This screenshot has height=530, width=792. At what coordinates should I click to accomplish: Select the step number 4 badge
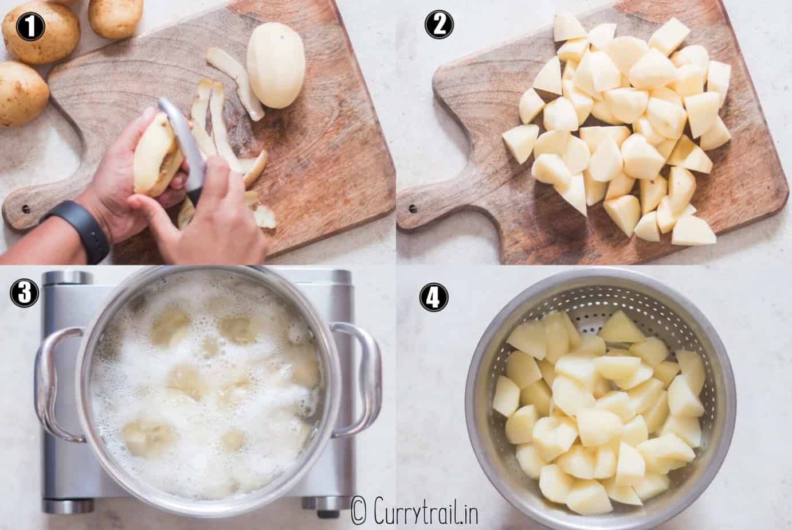click(434, 297)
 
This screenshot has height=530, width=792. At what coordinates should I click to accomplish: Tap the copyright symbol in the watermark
click(359, 509)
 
